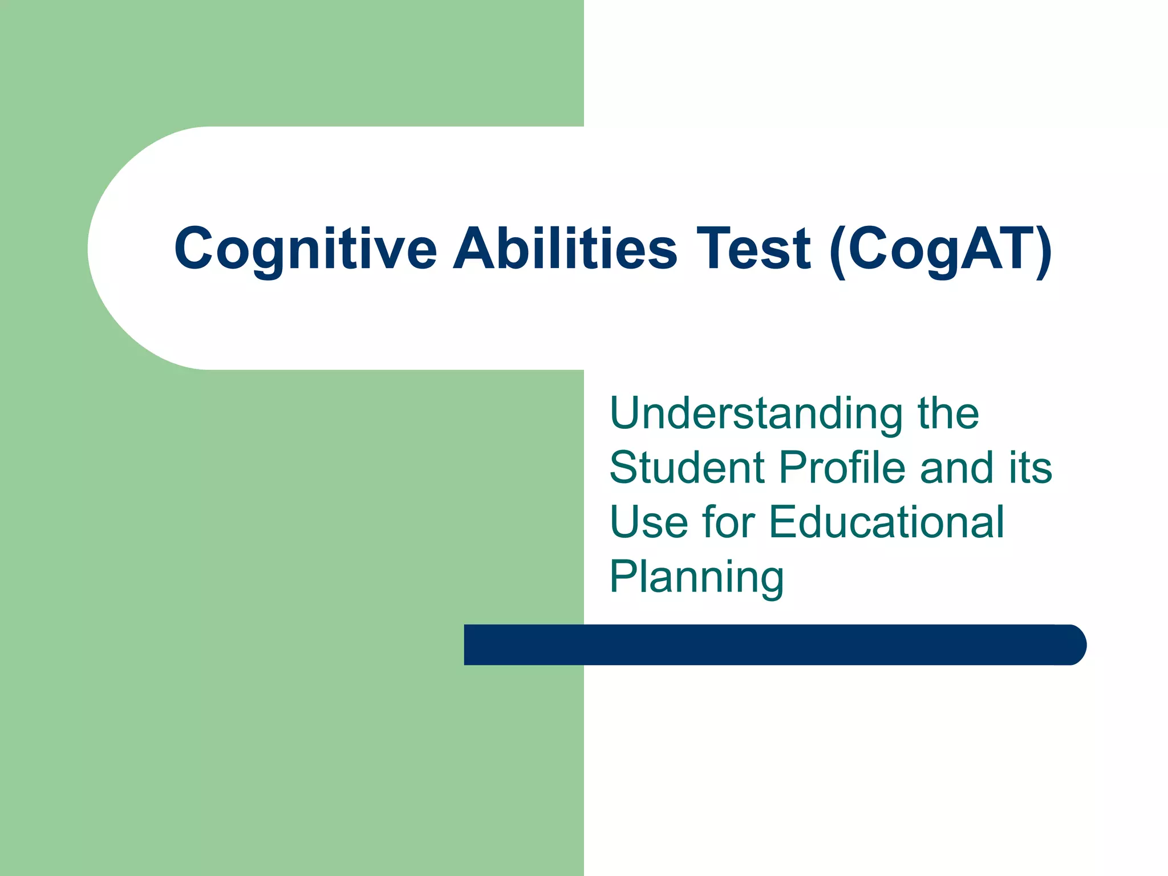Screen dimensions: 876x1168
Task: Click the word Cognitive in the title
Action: (x=305, y=249)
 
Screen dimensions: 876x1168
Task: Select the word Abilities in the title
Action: (x=565, y=249)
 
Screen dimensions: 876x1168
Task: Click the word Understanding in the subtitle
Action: (x=756, y=413)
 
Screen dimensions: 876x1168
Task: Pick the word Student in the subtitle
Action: (x=687, y=468)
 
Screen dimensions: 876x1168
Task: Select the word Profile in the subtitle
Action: (x=842, y=468)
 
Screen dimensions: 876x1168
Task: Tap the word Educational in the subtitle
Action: (x=886, y=522)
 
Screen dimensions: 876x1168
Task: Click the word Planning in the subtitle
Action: (x=697, y=577)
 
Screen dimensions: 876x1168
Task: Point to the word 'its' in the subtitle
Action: (x=1030, y=468)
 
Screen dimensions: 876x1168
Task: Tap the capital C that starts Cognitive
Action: (x=193, y=249)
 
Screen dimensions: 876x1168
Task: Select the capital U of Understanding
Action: (x=626, y=413)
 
